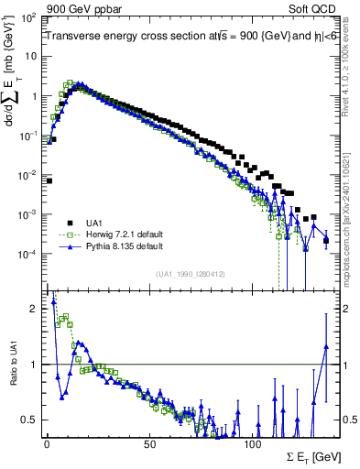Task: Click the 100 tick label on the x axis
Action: tap(252, 443)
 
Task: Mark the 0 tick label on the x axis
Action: tap(47, 443)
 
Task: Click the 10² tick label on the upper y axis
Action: tap(29, 18)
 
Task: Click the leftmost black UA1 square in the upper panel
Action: tap(49, 181)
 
